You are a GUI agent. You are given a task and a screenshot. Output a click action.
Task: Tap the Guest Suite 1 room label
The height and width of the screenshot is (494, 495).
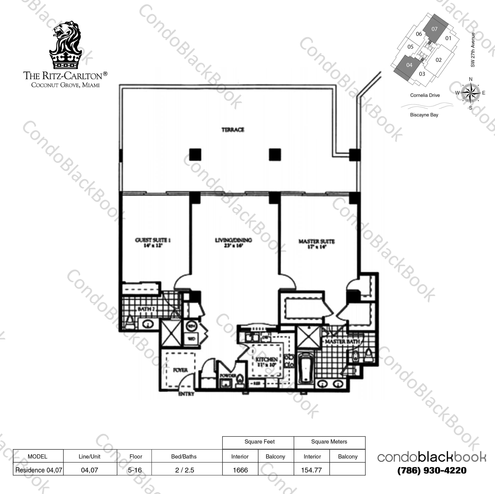tap(153, 240)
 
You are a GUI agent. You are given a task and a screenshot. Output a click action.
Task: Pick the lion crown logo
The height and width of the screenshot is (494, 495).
tap(65, 46)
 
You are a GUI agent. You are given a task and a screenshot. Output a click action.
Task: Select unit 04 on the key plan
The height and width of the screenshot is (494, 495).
tap(409, 65)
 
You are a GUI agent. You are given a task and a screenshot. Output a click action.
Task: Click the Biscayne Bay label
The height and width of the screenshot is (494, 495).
tap(424, 115)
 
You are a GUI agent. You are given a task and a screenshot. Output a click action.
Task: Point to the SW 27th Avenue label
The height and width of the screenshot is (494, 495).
tap(473, 50)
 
